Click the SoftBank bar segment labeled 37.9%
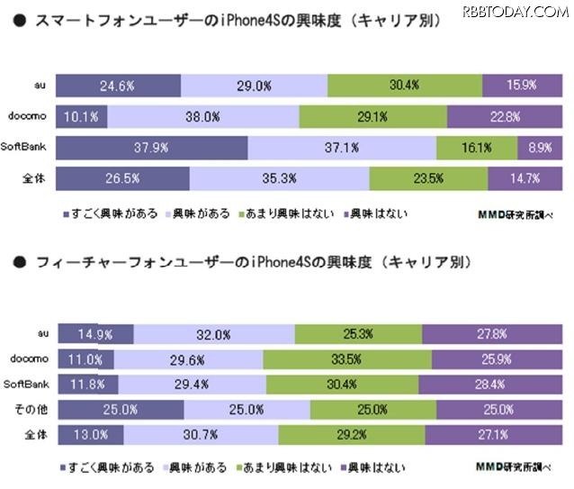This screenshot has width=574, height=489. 151,148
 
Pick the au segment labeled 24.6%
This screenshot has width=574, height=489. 118,86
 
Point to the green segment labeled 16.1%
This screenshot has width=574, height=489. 463,148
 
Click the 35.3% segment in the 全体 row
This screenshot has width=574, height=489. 279,178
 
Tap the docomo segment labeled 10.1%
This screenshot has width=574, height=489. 82,117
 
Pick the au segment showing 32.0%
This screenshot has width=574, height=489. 214,334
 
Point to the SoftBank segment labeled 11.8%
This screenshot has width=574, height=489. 85,385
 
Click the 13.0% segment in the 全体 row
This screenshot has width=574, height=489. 89,436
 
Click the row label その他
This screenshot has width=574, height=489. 32,411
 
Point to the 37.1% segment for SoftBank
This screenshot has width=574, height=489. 341,148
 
